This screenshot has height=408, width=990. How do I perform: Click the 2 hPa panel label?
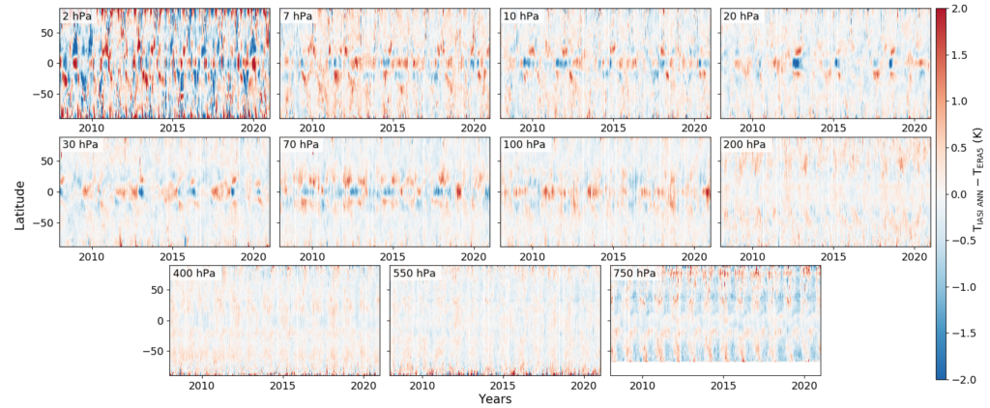click(77, 16)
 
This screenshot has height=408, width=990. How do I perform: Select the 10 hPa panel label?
click(521, 16)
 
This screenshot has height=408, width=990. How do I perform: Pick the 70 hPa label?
click(301, 145)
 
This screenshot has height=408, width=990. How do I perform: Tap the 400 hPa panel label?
click(194, 274)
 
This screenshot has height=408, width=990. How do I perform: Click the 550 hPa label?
click(414, 274)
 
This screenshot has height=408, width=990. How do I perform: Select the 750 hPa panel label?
click(634, 274)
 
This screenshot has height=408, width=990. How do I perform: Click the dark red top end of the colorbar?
click(941, 14)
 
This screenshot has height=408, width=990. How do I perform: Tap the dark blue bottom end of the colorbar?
click(941, 374)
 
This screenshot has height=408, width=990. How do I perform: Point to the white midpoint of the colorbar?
click(941, 194)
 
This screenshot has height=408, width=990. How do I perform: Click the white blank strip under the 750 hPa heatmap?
click(715, 368)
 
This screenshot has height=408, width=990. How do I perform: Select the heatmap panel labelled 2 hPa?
click(164, 68)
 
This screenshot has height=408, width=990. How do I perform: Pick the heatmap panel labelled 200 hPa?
click(826, 198)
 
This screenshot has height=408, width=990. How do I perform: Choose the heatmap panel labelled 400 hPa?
click(275, 324)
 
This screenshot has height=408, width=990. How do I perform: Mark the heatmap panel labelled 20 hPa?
click(826, 68)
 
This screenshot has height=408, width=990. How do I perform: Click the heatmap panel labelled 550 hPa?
click(495, 324)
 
